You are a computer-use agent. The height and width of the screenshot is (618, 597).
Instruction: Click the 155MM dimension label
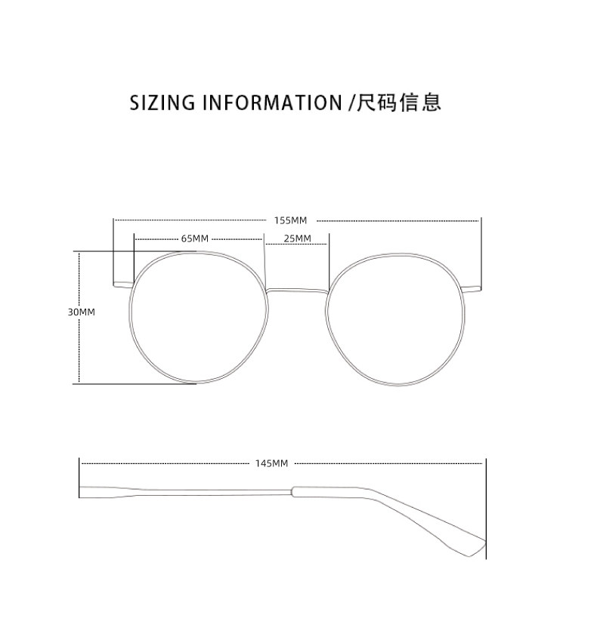pyautogui.click(x=291, y=220)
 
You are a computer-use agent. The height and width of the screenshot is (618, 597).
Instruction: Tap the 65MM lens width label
pyautogui.click(x=194, y=238)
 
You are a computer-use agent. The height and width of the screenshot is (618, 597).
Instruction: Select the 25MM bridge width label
pyautogui.click(x=297, y=238)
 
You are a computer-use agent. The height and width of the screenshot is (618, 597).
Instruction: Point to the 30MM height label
pyautogui.click(x=82, y=312)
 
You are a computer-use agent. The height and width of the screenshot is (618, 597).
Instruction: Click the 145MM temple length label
pyautogui.click(x=272, y=463)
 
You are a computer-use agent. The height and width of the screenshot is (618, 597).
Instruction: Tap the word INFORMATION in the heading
pyautogui.click(x=272, y=103)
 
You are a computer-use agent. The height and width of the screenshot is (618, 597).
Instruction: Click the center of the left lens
pyautogui.click(x=199, y=318)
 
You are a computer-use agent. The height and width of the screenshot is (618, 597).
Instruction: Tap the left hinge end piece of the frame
pyautogui.click(x=122, y=285)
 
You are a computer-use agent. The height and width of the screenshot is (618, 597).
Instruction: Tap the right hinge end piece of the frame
pyautogui.click(x=471, y=287)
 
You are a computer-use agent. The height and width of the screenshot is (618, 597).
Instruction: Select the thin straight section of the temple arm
pyautogui.click(x=189, y=492)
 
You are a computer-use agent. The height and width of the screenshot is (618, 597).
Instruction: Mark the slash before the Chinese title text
pyautogui.click(x=351, y=103)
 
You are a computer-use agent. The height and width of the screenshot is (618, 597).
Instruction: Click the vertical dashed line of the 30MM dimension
pyautogui.click(x=79, y=347)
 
